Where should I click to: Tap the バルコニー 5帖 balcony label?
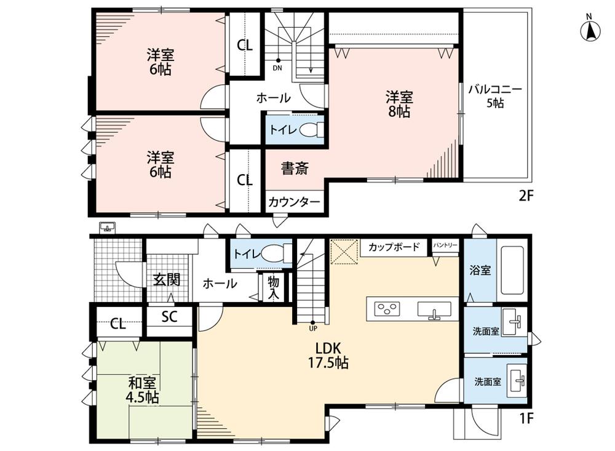tap(495, 96)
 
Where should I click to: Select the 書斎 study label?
tap(295, 169)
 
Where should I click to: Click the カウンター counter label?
tap(294, 202)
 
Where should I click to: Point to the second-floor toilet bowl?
tap(312, 130)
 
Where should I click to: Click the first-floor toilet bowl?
tap(276, 253)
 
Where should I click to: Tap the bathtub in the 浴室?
tap(513, 271)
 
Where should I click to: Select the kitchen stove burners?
tap(387, 308)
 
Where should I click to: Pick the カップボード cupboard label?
tap(394, 247)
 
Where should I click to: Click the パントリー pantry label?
tap(445, 245)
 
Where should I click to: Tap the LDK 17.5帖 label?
tap(328, 355)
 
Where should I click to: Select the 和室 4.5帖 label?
tap(142, 389)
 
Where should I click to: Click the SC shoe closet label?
tap(170, 316)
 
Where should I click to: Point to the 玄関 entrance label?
tap(167, 280)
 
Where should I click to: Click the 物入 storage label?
tap(274, 288)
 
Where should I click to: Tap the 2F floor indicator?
tap(526, 196)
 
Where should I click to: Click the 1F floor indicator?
tap(526, 418)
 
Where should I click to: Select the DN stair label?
tap(277, 68)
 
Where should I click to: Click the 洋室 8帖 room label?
tap(399, 104)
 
